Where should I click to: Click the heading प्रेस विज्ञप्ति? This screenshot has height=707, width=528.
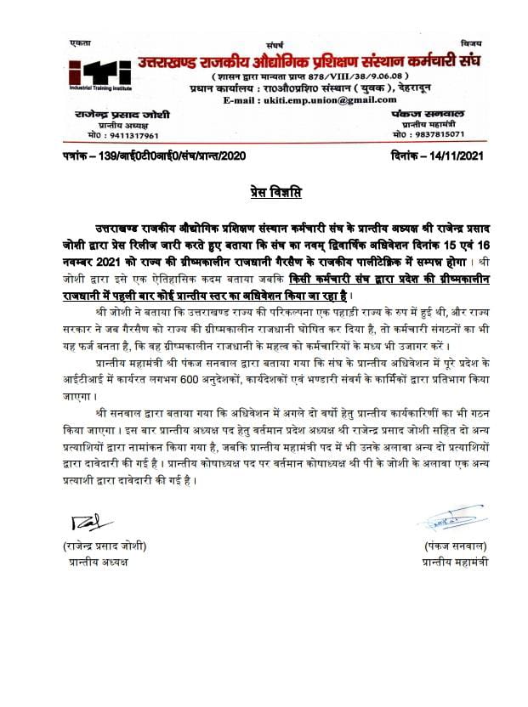263,193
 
